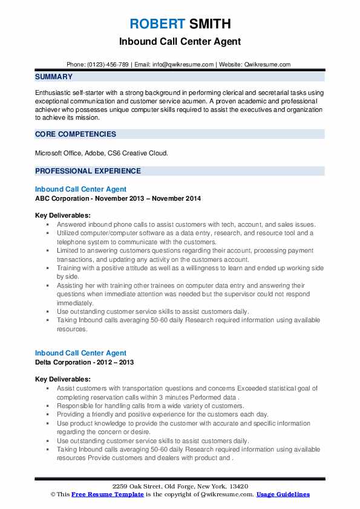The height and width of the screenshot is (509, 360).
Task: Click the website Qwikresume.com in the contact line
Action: coord(267,64)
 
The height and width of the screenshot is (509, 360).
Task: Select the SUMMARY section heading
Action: coord(54,77)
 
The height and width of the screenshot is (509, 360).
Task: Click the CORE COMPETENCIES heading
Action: coord(76,134)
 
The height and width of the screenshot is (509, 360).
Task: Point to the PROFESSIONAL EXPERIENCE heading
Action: coord(88,171)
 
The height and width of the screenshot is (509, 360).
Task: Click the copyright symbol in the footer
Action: coord(53,494)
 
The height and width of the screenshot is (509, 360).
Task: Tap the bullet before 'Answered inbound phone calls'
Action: coord(47,224)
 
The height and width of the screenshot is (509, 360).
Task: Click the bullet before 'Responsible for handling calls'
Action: coord(47,406)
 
